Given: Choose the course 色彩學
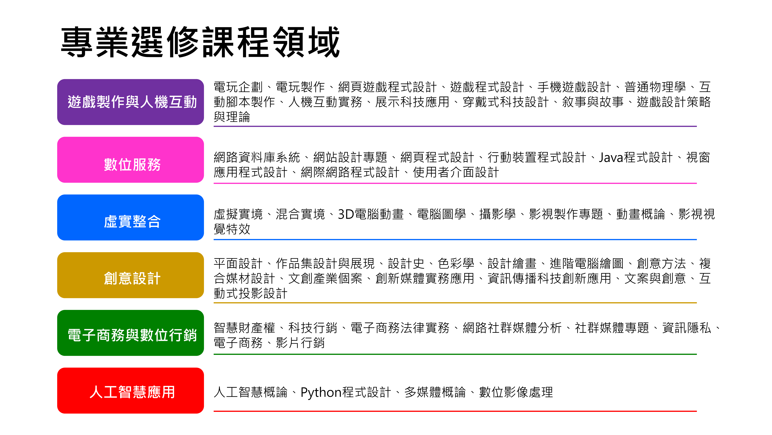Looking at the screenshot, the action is [456, 264].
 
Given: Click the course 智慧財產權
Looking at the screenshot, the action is [244, 328].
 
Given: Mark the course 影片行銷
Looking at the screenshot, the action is [300, 343].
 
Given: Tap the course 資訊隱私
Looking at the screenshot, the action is [686, 328].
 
